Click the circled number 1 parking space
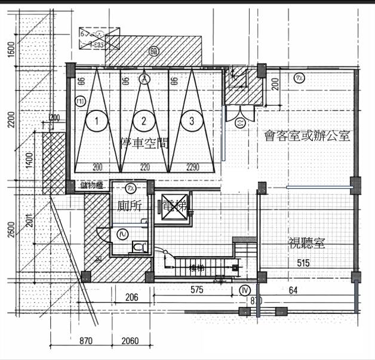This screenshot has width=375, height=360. [96, 121]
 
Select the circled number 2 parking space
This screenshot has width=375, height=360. [143, 121]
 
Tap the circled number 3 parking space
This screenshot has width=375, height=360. [191, 121]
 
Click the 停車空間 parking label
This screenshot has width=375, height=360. [144, 143]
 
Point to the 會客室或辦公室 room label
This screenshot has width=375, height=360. [307, 136]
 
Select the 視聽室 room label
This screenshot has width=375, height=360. [306, 243]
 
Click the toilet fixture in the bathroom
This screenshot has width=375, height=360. [138, 245]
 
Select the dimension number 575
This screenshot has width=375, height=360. [198, 290]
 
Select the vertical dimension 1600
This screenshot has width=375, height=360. [11, 49]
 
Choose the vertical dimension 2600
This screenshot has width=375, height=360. [11, 230]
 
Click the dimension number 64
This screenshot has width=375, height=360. [293, 290]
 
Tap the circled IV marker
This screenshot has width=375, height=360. [244, 290]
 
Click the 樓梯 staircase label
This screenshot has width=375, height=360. [198, 268]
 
